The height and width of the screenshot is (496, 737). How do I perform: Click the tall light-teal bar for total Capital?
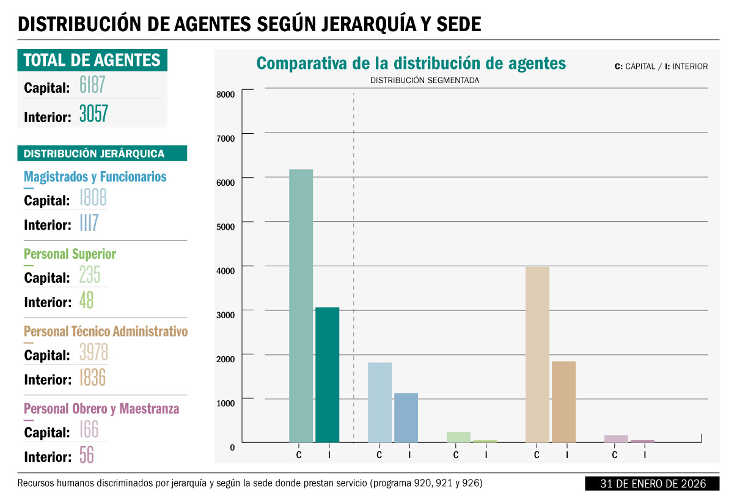pos(301,306)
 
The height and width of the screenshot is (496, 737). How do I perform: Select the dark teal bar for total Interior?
pos(327,375)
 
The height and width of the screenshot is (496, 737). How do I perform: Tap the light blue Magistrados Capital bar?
pos(380,403)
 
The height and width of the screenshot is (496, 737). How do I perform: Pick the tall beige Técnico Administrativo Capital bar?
pos(537,354)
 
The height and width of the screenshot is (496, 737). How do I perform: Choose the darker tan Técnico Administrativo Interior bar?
pos(563,402)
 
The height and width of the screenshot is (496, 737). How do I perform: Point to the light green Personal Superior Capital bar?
pos(459,437)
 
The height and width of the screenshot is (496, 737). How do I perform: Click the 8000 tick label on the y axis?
pos(226,95)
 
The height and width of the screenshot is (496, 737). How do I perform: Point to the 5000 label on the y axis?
pos(226,227)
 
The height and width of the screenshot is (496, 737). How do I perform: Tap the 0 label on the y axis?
pos(232,448)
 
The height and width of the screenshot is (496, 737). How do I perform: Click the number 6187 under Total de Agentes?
pos(92,85)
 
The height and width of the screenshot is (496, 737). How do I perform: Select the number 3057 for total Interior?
pos(94,114)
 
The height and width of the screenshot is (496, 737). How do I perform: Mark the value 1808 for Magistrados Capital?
pos(93,197)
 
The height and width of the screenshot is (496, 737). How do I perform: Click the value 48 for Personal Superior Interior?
pos(86,300)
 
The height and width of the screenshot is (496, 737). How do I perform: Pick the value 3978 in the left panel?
pos(94,352)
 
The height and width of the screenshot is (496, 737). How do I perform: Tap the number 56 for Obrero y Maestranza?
pos(87,454)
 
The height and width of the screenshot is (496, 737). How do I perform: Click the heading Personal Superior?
pos(70,254)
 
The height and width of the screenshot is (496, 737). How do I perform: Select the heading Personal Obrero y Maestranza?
pos(101,409)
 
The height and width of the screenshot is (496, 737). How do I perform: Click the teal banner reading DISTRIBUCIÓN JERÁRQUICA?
pos(102,153)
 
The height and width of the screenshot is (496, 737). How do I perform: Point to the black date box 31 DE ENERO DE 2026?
pos(652,484)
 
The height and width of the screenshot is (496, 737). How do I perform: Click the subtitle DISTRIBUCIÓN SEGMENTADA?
pos(425,80)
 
